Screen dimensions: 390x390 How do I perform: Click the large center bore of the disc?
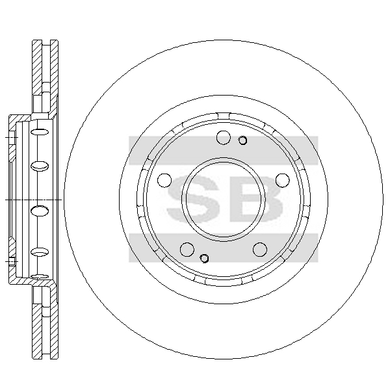coord(224,200)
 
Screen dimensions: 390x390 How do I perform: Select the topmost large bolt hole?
coord(224,137)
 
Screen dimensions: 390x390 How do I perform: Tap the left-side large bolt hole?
coord(164,180)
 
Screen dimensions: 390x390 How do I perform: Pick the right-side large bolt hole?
coord(283,180)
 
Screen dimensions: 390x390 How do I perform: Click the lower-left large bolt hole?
coord(187,249)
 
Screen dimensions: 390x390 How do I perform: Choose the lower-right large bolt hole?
coord(260,249)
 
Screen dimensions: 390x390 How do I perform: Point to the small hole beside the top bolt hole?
coord(242,140)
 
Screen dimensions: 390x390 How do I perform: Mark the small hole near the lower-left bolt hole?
coord(204,258)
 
